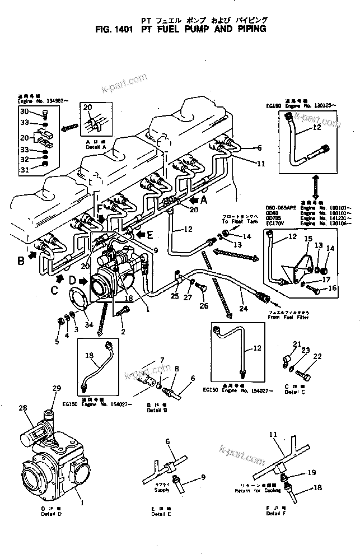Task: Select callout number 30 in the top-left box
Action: coord(25,113)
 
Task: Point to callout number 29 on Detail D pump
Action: coord(56,388)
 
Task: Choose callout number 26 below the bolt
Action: coord(204,306)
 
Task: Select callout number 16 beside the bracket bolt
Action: coord(332,289)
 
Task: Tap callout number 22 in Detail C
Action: coord(317,356)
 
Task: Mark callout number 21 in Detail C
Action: coord(297,344)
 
